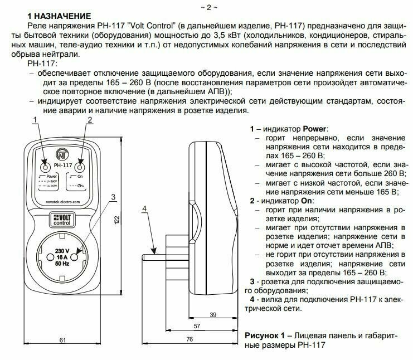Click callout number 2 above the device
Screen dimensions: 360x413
click(89, 119)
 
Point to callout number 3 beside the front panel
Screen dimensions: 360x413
click(113, 196)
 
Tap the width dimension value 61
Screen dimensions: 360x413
click(62, 340)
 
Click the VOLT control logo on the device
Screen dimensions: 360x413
click(61, 219)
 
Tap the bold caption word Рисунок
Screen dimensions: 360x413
click(263, 335)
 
